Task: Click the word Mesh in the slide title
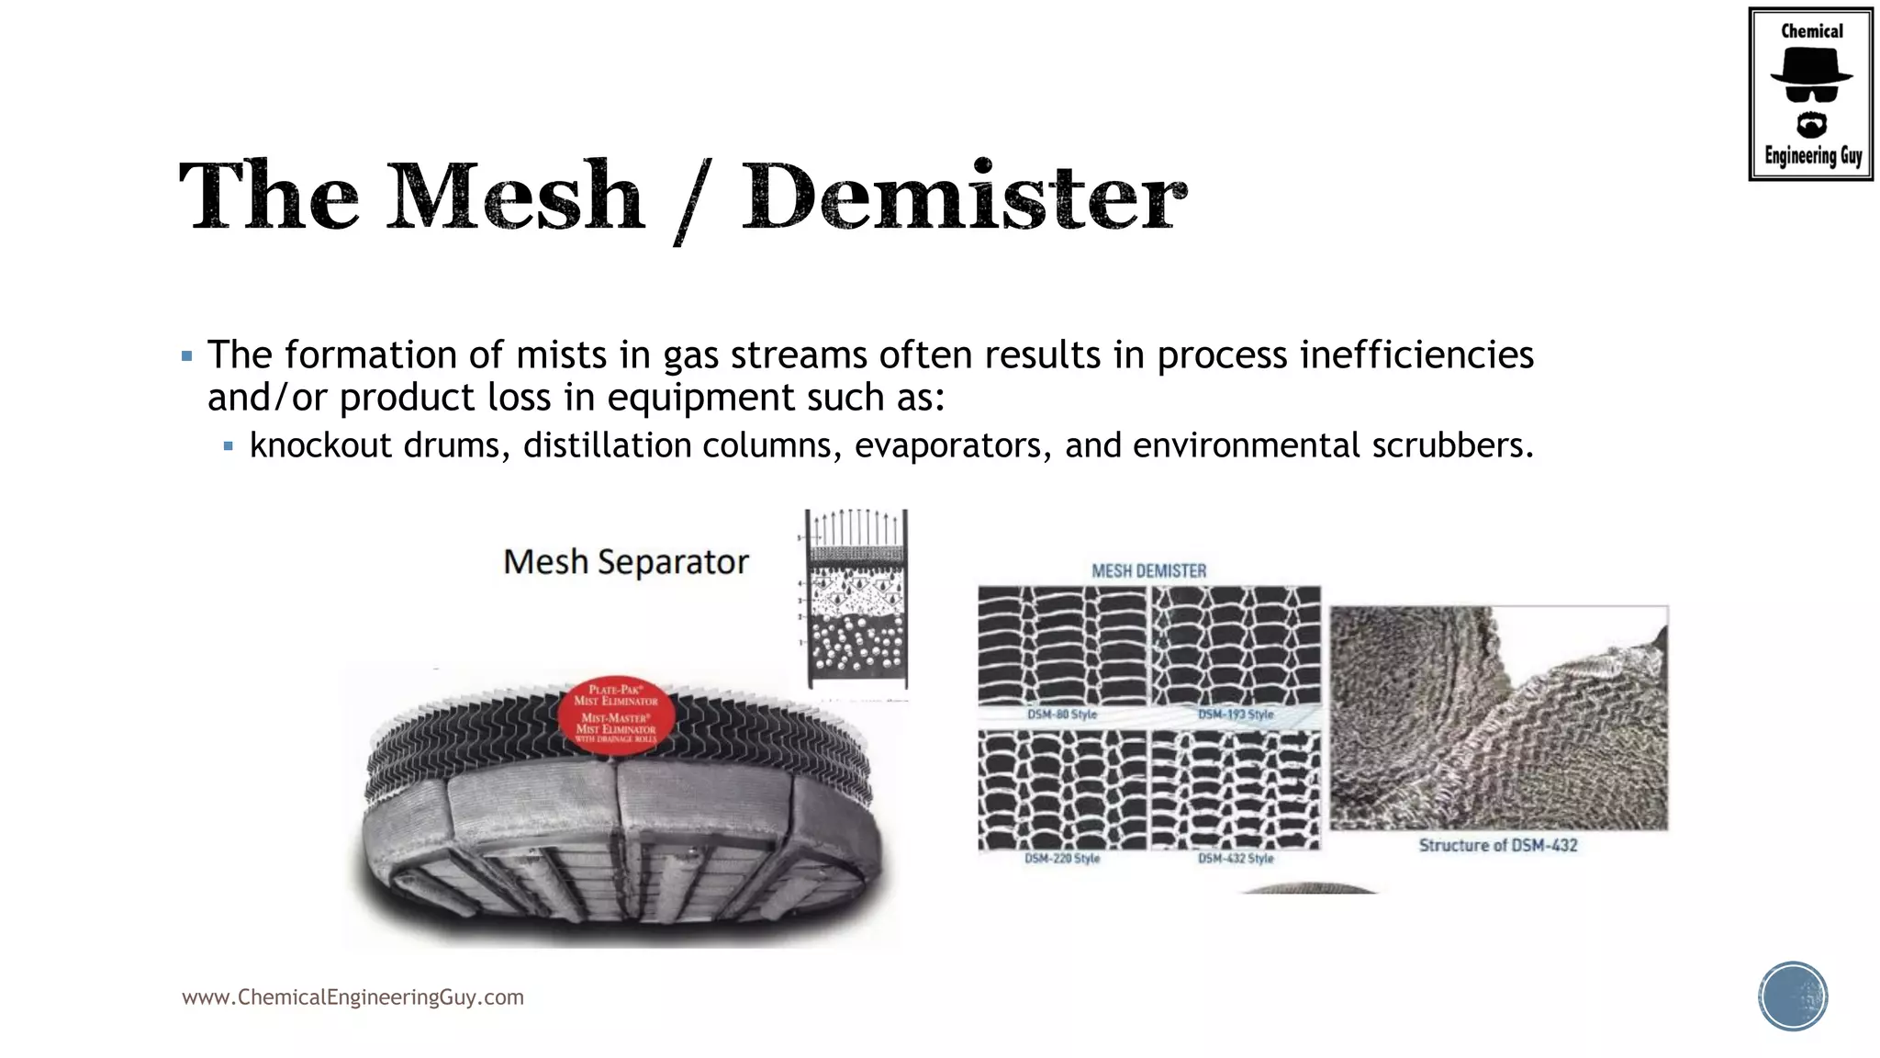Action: coord(515,197)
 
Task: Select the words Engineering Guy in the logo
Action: coord(1812,156)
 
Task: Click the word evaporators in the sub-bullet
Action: coord(952,446)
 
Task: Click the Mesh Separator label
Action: coord(626,561)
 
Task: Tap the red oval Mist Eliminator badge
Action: coord(617,715)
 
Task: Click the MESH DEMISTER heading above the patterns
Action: coord(1148,571)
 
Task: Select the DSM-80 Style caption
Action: coord(1062,715)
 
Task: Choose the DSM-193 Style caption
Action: coord(1236,715)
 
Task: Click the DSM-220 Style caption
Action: coord(1062,859)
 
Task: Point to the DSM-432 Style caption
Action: coord(1236,859)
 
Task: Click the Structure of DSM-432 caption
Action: coord(1497,845)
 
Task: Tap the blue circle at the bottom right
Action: coord(1793,996)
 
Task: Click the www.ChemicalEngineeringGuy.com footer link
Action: coord(352,997)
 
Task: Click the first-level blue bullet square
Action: coord(187,356)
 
